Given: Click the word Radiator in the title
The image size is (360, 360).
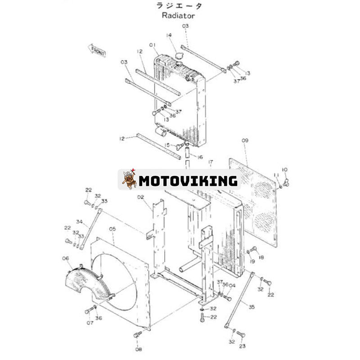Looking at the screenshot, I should coord(179,15).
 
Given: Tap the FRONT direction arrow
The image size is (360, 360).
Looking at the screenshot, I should coord(97,51).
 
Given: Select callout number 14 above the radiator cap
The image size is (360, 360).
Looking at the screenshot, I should coord(169,35).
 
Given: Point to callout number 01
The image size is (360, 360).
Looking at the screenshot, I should coord(153,45).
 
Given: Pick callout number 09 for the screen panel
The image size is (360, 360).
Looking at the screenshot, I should coord(245,141).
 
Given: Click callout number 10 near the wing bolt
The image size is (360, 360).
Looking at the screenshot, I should coord(284,170).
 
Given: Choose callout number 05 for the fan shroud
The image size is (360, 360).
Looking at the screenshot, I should coord(112,229).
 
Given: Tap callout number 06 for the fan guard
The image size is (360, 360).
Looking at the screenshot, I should coord(66,258).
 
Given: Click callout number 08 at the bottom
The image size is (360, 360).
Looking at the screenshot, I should coord(138,349).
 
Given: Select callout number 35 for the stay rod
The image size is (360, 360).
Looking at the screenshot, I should coord(252,307).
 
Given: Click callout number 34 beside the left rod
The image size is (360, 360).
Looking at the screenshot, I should coord(79,221).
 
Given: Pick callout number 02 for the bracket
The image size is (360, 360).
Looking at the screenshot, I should coord(140,197).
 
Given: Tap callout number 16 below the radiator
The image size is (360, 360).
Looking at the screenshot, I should coord(200,157).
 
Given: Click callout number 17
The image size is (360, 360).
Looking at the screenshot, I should coord(210,162).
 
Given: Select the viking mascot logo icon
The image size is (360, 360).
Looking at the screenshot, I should coord(129,180).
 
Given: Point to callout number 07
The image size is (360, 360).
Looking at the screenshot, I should coord(90,323).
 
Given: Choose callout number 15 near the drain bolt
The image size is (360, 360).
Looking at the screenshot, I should coord(167,145).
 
